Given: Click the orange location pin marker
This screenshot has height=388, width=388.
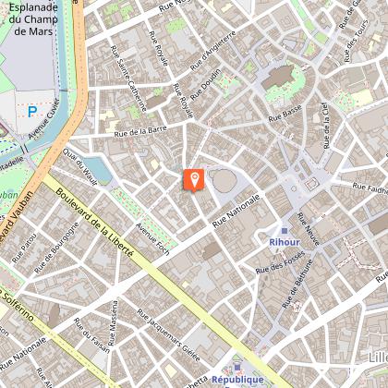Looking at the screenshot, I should coord(194,178).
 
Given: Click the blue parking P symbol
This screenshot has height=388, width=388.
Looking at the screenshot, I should coord(32,112).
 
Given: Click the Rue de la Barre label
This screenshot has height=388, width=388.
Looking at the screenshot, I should coord(139,135).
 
